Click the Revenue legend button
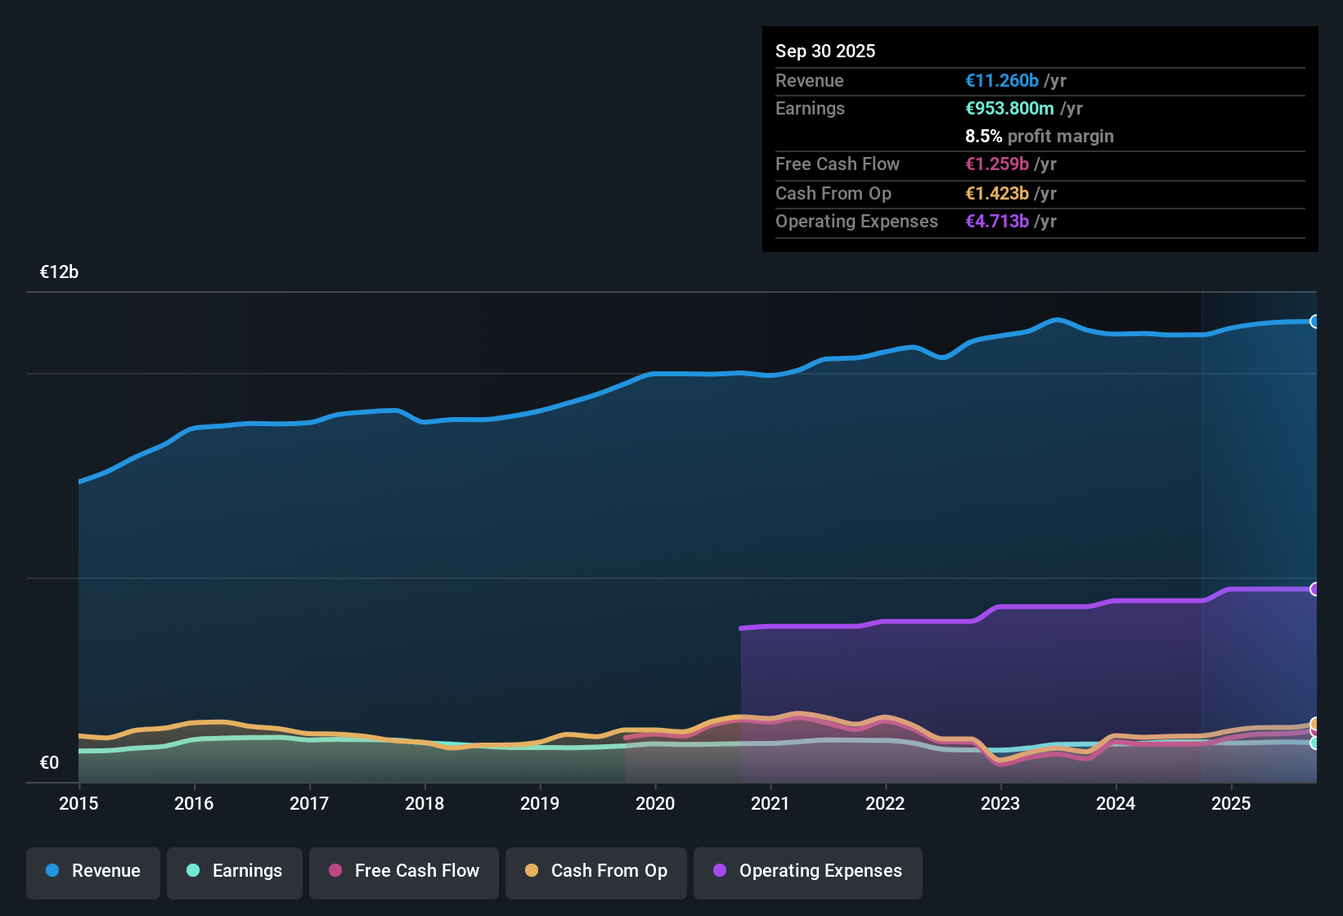[93, 871]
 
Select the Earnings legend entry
[235, 871]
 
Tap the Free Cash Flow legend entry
[404, 871]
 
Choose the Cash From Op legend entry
[596, 871]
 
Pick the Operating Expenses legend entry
[808, 871]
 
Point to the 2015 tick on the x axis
[79, 803]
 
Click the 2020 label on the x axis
[655, 803]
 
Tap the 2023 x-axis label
[1000, 803]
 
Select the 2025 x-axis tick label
[1231, 803]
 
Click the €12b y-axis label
[59, 272]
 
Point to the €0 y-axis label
[49, 763]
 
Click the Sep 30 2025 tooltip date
[825, 51]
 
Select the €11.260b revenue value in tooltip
[1002, 80]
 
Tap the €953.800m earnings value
[1009, 108]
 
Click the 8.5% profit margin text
[1039, 136]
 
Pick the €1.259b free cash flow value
[997, 164]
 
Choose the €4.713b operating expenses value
[997, 221]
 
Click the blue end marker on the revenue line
[1314, 321]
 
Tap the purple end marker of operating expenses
[1314, 589]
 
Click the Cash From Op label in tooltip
[833, 193]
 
